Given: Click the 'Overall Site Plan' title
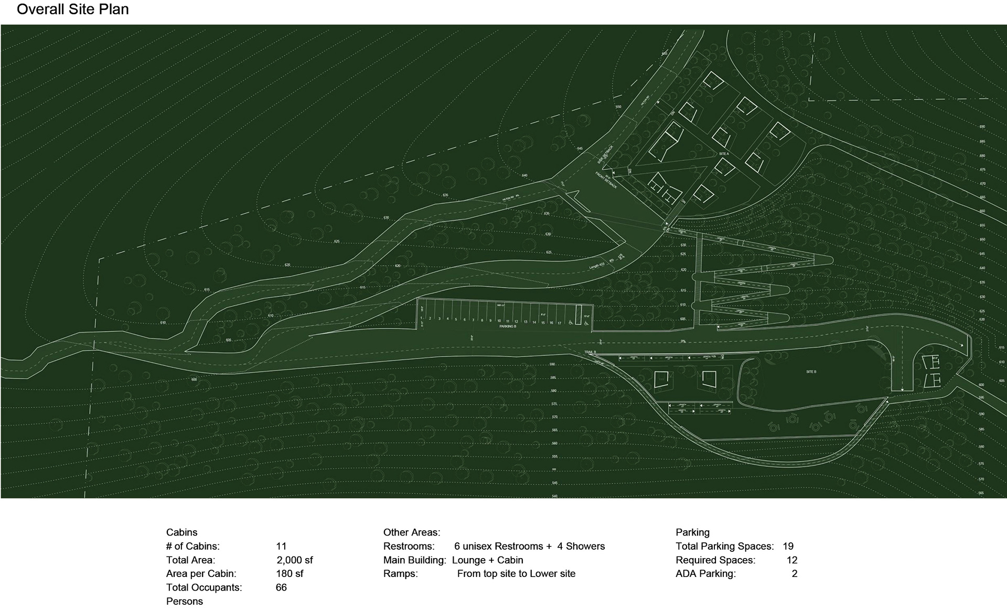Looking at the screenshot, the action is pyautogui.click(x=73, y=9).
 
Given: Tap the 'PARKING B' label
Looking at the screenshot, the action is pyautogui.click(x=508, y=326).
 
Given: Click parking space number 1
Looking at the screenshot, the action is pyautogui.click(x=421, y=318).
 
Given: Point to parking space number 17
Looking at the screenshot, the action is pyautogui.click(x=559, y=323).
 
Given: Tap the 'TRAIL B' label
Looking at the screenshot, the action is pyautogui.click(x=591, y=352).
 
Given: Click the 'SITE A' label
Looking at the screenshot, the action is pyautogui.click(x=724, y=154).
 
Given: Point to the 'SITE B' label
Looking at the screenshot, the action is pyautogui.click(x=811, y=372).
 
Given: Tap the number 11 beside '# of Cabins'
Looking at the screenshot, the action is pyautogui.click(x=281, y=546).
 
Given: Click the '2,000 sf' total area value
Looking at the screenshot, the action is pyautogui.click(x=295, y=560).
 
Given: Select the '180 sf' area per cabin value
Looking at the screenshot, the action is pyautogui.click(x=290, y=573).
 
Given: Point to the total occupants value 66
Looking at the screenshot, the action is pyautogui.click(x=281, y=587).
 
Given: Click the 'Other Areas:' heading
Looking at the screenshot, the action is pyautogui.click(x=412, y=532).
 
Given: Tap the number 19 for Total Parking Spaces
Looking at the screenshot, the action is pyautogui.click(x=788, y=546).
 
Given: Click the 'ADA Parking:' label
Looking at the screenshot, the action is pyautogui.click(x=705, y=573).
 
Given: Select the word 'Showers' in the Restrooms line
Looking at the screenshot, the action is pyautogui.click(x=585, y=546).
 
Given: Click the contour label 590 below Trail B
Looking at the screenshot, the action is pyautogui.click(x=553, y=364).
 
